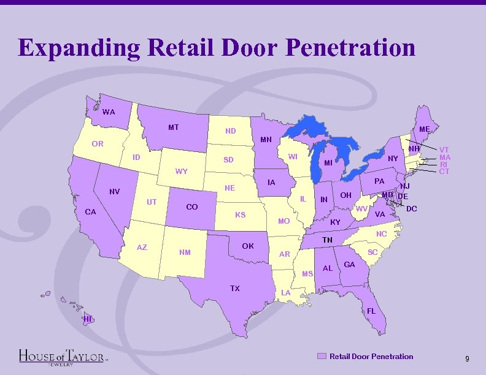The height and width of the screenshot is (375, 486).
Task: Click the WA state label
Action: point(109,112)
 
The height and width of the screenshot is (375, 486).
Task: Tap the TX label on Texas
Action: point(234,288)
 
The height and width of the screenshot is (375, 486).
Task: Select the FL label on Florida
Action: point(371,311)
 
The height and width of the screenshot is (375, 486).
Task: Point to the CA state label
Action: point(90,212)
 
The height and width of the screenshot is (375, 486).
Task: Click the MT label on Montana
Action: point(174,127)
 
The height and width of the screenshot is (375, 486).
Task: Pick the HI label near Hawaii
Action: point(88,319)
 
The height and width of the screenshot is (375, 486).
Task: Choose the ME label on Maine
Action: point(424,129)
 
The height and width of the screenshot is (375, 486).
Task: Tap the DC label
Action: point(412,209)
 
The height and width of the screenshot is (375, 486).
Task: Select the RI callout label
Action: point(444,164)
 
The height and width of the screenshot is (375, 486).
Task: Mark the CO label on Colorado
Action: point(191,207)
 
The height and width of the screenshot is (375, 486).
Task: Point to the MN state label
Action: point(266,140)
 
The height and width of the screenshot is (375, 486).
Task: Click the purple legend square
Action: point(322,356)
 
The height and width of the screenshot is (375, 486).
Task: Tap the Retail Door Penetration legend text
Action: point(371,356)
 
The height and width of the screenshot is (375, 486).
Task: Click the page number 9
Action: point(467,358)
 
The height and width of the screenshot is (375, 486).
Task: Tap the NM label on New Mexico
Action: point(185,252)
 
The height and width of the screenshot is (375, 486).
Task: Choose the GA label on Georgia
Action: point(350,264)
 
